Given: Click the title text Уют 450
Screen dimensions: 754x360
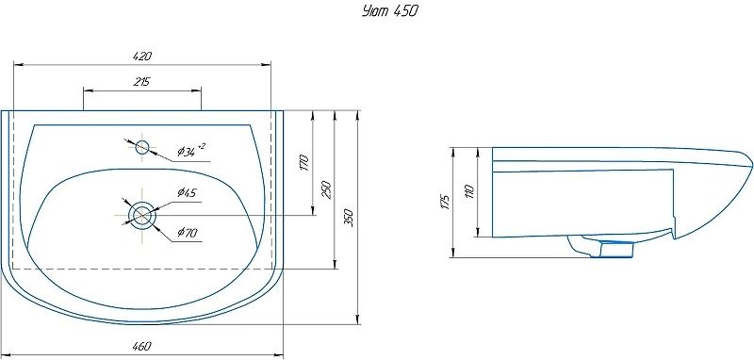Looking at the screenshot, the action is tap(389, 11).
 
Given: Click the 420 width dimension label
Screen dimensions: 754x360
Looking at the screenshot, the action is tap(142, 57).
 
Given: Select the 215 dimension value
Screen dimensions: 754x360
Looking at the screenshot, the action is tap(142, 82).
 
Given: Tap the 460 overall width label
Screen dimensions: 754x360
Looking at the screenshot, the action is tap(142, 345).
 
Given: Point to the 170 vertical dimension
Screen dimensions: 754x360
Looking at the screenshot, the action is tap(303, 163).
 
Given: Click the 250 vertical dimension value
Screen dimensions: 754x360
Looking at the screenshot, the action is tap(325, 189).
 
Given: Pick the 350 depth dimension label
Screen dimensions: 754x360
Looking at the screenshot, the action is tap(350, 218).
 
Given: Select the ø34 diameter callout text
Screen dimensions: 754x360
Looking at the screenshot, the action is tap(190, 151).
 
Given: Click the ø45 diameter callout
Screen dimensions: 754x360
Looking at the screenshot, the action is tap(187, 193).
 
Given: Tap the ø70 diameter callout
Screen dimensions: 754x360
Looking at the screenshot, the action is tap(187, 233).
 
